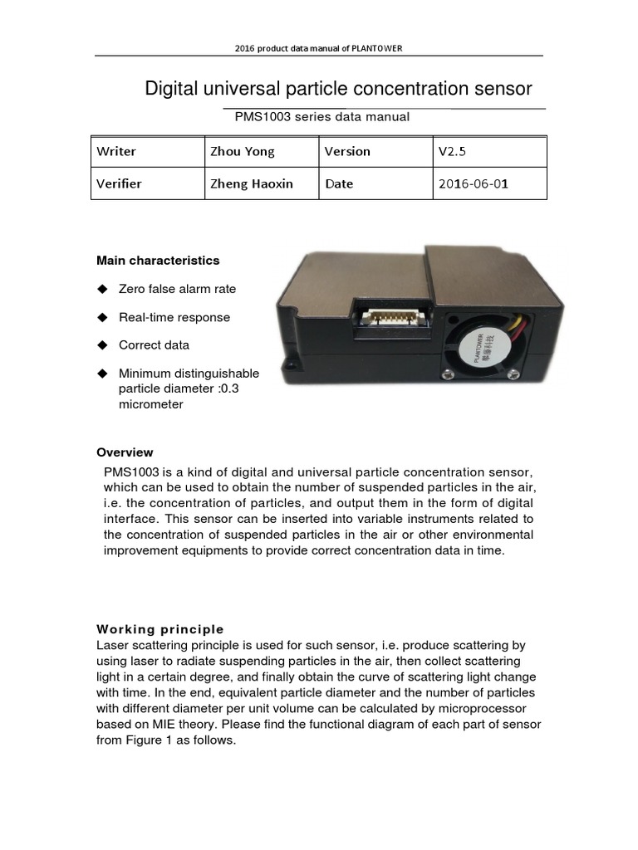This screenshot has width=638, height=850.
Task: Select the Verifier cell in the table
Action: pos(119,184)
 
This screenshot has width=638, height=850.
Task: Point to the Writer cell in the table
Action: pos(116,152)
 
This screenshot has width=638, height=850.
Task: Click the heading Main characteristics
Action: pos(158,261)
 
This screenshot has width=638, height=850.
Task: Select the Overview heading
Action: pos(125,452)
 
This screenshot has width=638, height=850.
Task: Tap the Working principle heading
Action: pos(160,628)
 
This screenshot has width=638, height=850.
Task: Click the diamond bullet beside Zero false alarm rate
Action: pos(103,289)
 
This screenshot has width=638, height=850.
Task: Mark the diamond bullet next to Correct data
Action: pos(103,344)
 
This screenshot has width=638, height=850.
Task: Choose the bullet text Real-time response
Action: pos(174,317)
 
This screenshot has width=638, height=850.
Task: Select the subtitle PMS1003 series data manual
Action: pos(322,117)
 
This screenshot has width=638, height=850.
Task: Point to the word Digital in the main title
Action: pos(173,89)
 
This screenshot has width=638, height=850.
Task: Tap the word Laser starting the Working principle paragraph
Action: pos(113,645)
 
